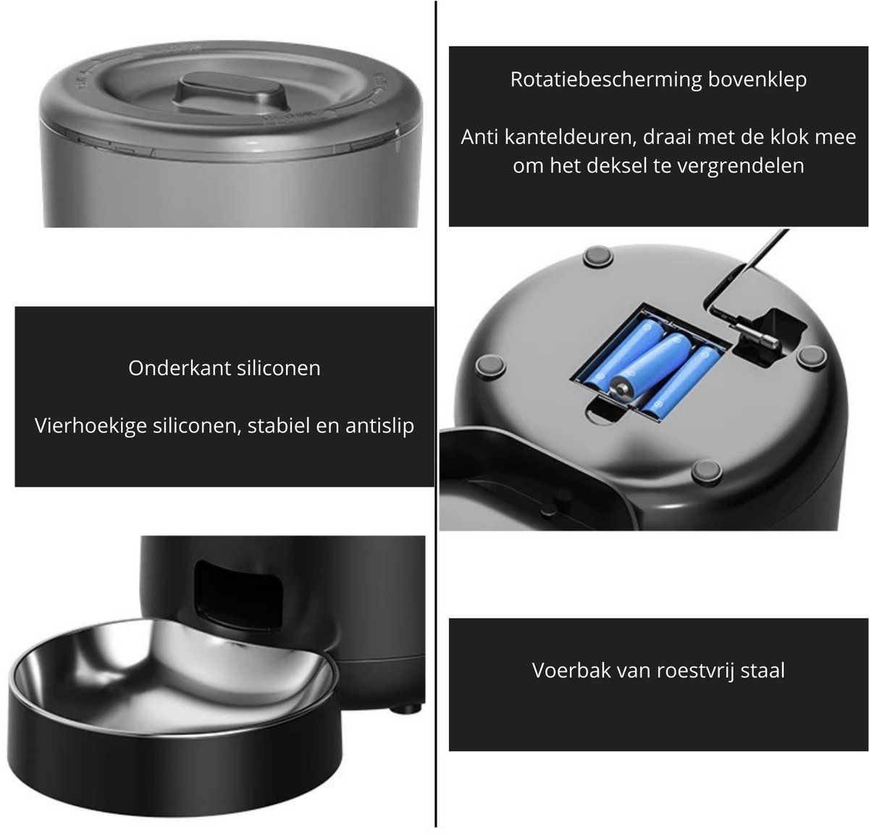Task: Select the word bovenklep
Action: [757, 80]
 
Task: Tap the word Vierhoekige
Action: [91, 426]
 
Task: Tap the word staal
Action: [763, 670]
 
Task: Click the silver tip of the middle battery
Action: [621, 388]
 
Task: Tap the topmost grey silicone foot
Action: [598, 256]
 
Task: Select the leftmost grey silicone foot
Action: [490, 366]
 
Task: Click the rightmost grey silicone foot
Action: [812, 358]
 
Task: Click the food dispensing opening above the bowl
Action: [238, 595]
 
